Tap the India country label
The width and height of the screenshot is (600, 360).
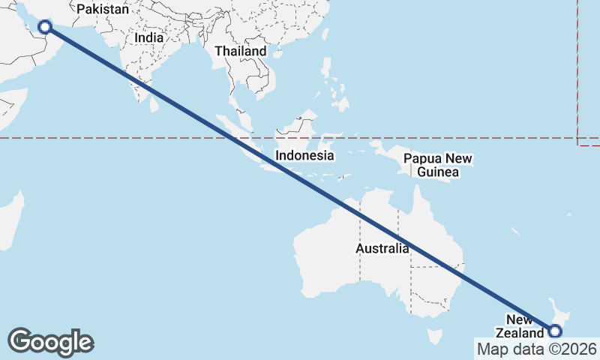pos(148,37)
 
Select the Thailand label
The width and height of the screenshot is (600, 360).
pos(240,51)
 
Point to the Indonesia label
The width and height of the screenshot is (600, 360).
pos(304,156)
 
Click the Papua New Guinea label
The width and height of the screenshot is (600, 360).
pos(438,165)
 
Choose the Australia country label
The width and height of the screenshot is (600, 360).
pos(382,248)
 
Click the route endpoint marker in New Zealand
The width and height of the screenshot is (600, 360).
pos(555,331)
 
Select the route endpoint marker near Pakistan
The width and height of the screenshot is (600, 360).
pos(45,28)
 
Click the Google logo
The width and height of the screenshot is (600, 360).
pos(50,342)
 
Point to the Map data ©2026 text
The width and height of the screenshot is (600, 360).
pos(537,349)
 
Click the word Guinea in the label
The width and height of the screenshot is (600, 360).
pos(438,172)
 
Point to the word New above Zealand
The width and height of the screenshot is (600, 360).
pos(519,320)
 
